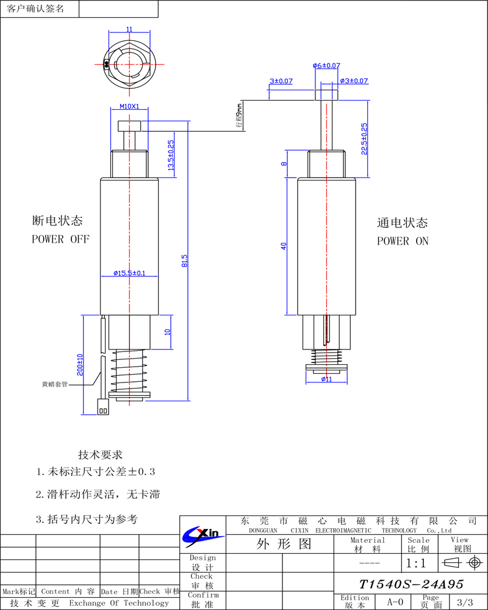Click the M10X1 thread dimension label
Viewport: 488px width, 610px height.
click(x=129, y=106)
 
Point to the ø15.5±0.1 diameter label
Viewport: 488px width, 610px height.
click(x=129, y=273)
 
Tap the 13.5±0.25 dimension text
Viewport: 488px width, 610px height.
click(x=171, y=155)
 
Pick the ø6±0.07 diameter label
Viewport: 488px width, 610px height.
click(x=326, y=65)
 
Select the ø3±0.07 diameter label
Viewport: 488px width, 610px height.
click(x=354, y=81)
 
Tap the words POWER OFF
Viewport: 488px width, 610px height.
click(x=60, y=239)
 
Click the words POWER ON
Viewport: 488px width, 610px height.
click(x=403, y=241)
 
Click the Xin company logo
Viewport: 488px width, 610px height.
click(x=202, y=534)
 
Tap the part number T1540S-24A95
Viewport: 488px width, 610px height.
click(x=411, y=584)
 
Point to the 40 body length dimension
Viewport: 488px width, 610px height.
click(x=284, y=246)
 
